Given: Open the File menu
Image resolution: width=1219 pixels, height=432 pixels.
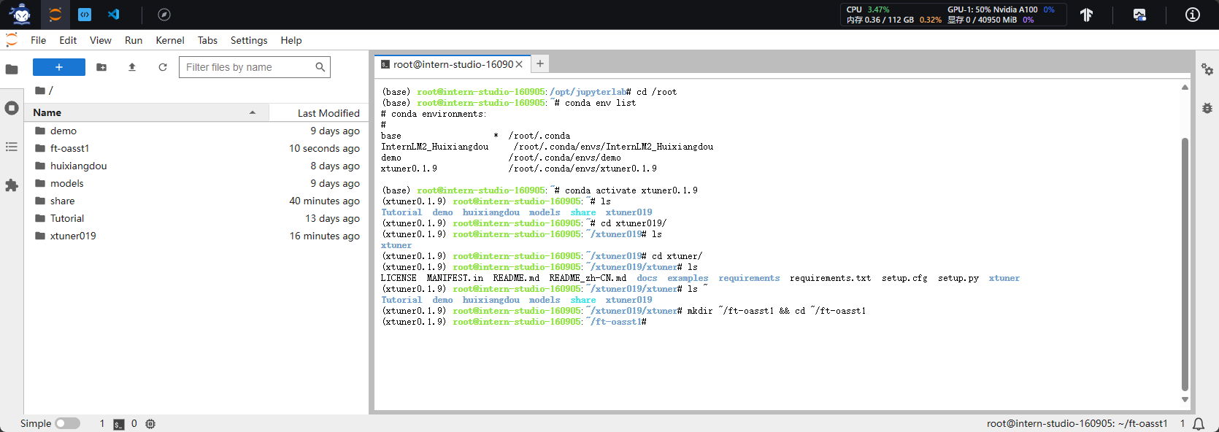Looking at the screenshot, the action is [38, 40].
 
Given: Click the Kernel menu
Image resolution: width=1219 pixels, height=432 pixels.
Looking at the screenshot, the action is [170, 40].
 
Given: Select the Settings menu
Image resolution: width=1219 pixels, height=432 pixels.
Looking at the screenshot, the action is [249, 40].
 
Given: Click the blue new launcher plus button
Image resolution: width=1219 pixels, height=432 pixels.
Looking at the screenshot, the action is [59, 67].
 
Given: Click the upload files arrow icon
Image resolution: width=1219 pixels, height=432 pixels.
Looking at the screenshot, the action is [131, 67].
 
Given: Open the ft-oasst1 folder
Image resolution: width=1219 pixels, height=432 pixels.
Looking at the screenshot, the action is [69, 148].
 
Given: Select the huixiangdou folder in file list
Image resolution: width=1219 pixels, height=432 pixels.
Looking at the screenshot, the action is [78, 166].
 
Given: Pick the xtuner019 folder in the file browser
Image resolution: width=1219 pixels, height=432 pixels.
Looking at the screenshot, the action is [73, 236].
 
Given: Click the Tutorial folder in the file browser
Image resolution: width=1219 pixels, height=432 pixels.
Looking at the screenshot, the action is [67, 218].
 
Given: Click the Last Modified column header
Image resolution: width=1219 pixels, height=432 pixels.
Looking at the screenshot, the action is [328, 113].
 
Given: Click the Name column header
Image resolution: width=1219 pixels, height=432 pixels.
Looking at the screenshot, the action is [47, 112].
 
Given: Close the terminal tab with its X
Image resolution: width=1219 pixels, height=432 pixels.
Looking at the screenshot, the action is [519, 64].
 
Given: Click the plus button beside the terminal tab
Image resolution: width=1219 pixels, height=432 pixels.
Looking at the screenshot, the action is [540, 63].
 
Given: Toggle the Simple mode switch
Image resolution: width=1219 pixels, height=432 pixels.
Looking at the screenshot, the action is [67, 423].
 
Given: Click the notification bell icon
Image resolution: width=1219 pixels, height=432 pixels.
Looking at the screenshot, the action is [1199, 423].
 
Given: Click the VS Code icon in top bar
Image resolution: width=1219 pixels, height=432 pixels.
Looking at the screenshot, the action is [114, 14].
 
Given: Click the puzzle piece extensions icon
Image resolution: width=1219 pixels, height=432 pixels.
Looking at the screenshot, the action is [12, 185].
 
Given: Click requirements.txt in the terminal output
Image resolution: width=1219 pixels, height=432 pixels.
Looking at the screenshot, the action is [830, 278].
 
